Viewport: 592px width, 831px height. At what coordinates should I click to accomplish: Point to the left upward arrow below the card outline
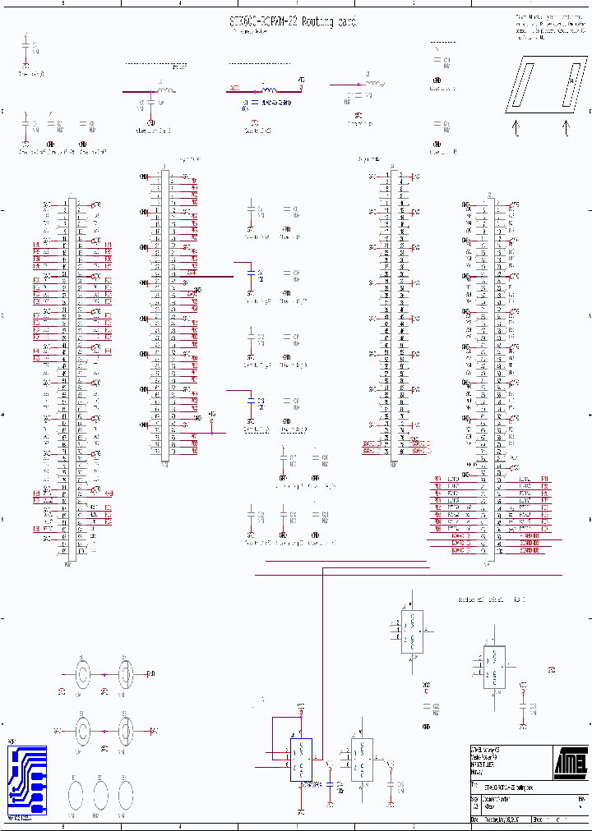click(x=516, y=127)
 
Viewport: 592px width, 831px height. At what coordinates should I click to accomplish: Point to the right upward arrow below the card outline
click(x=565, y=127)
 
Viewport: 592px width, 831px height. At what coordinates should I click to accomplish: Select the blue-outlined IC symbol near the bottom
click(x=300, y=760)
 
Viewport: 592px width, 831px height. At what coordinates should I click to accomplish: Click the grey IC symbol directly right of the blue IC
click(x=361, y=760)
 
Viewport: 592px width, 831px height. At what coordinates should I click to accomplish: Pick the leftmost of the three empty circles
click(x=75, y=795)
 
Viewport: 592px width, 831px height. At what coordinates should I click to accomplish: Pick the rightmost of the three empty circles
click(x=125, y=795)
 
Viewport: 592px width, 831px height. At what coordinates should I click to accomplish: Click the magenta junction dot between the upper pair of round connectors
click(x=104, y=675)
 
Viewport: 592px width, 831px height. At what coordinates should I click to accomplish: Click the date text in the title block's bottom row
click(x=501, y=819)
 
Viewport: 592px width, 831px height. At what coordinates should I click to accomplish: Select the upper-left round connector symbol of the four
click(x=83, y=675)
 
